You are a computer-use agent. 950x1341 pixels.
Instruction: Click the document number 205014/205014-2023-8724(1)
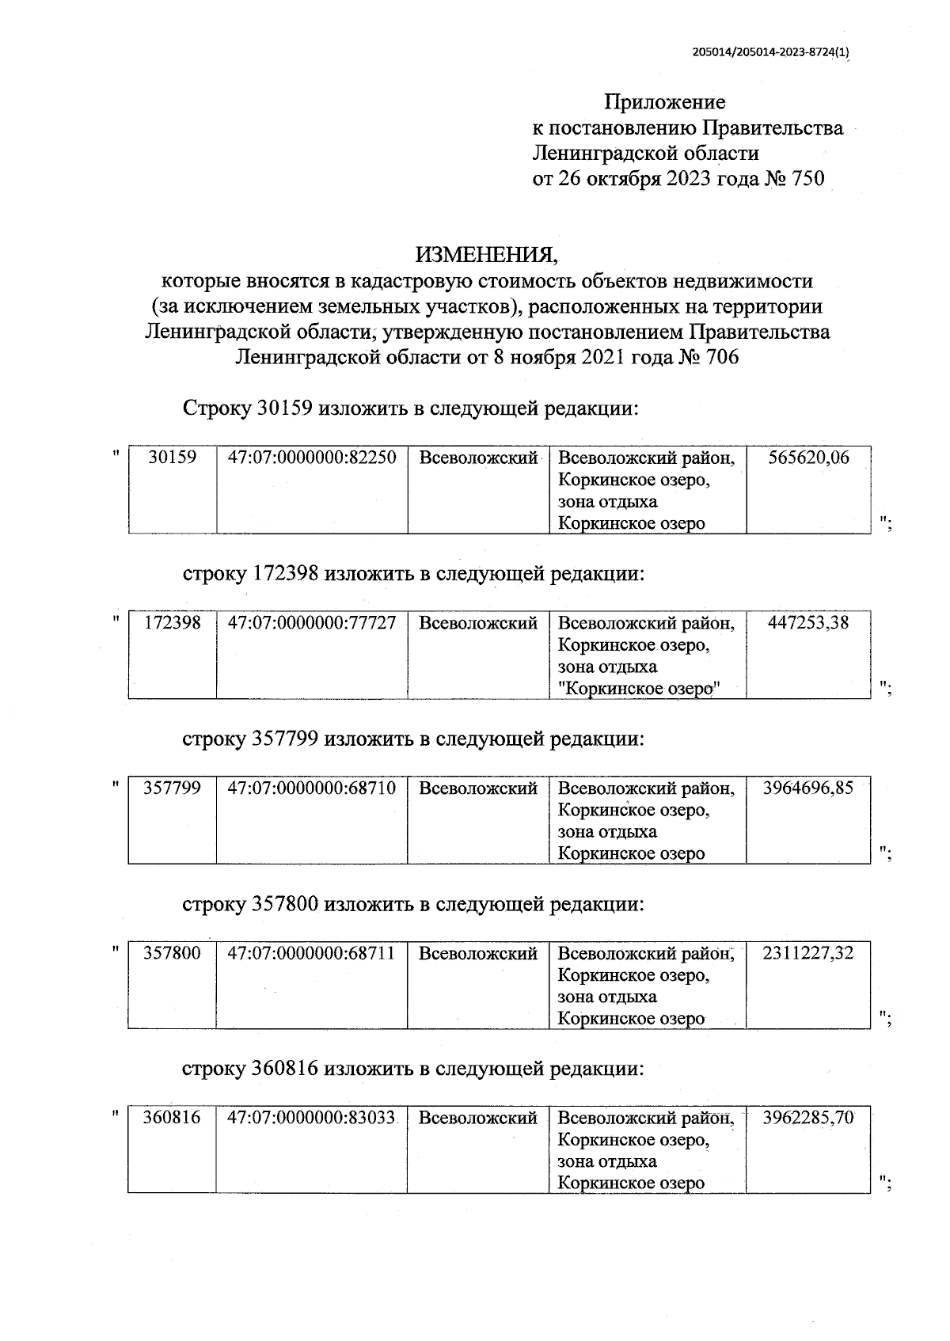(x=770, y=53)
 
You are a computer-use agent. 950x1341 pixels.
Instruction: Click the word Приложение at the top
(x=664, y=102)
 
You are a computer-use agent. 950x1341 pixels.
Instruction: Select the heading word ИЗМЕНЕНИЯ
(x=487, y=255)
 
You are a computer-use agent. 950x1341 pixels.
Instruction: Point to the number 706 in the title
(x=720, y=358)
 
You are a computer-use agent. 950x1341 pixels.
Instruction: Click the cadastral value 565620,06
(x=808, y=458)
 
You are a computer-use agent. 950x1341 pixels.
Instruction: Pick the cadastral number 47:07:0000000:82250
(x=312, y=458)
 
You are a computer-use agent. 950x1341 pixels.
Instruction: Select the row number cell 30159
(x=173, y=458)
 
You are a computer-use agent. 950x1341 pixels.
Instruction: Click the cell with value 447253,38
(x=808, y=623)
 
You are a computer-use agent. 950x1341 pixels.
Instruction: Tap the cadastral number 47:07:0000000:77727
(x=312, y=623)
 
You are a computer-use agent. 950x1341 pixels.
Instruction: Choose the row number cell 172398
(x=173, y=623)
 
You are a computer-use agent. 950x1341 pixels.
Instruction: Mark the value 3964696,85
(x=808, y=788)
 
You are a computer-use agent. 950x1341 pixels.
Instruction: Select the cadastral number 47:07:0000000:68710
(x=312, y=788)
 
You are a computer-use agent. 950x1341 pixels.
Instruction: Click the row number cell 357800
(x=173, y=953)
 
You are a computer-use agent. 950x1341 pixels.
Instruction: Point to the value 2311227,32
(x=808, y=953)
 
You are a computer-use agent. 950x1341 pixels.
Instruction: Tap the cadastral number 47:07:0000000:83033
(x=312, y=1119)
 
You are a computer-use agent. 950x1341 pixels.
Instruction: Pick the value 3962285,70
(x=808, y=1119)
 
